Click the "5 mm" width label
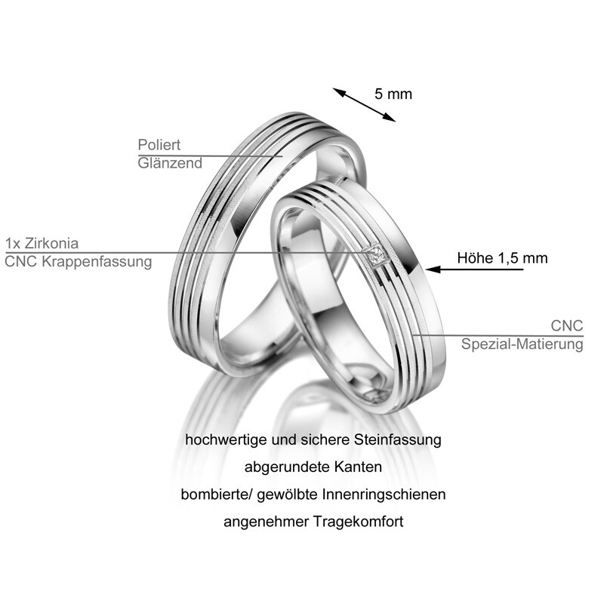(393, 94)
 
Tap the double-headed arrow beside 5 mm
(364, 104)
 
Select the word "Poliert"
(159, 144)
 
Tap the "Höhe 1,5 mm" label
(502, 258)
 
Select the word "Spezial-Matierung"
(522, 344)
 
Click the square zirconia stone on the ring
(377, 257)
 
